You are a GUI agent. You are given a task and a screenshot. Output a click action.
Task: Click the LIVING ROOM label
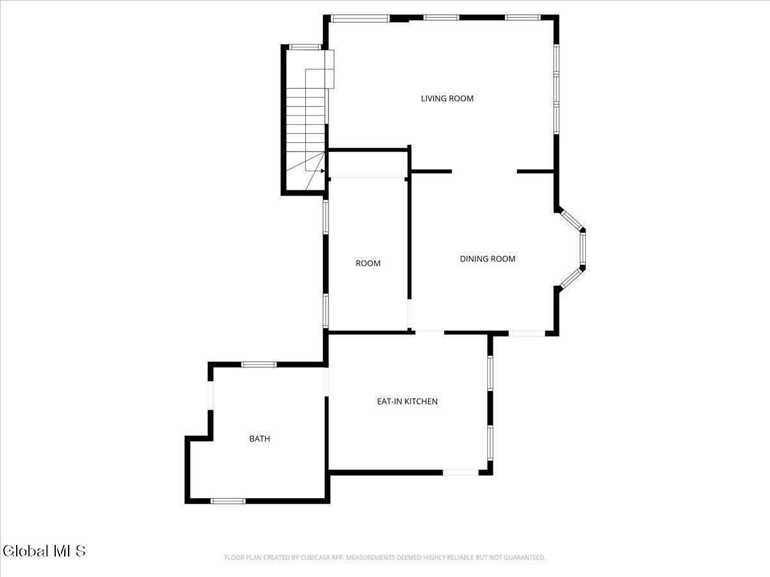[x=447, y=99]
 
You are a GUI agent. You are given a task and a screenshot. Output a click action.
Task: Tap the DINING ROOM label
[x=488, y=259]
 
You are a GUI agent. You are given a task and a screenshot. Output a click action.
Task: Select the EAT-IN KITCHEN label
[x=407, y=401]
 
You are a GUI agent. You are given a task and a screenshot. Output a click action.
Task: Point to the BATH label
[x=260, y=439]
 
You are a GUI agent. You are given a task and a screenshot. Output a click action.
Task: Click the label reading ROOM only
[x=368, y=263]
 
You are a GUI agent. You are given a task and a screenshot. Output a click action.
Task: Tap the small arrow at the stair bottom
[x=322, y=171]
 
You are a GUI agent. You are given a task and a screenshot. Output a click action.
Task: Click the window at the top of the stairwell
[x=305, y=47]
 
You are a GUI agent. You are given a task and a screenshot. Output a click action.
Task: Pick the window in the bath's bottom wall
[x=228, y=501]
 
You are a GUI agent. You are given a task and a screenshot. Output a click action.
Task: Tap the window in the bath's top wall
[x=259, y=365]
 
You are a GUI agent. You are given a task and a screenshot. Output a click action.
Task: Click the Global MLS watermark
[x=44, y=551]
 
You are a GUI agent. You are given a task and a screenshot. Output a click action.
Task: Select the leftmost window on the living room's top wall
[x=359, y=18]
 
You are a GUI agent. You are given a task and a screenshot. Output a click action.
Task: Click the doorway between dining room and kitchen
[x=429, y=332]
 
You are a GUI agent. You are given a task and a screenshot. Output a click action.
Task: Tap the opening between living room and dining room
[x=484, y=171]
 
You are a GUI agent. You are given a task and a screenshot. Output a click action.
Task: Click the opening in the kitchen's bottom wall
[x=460, y=472]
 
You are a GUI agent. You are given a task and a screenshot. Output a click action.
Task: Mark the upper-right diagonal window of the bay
[x=570, y=219]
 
